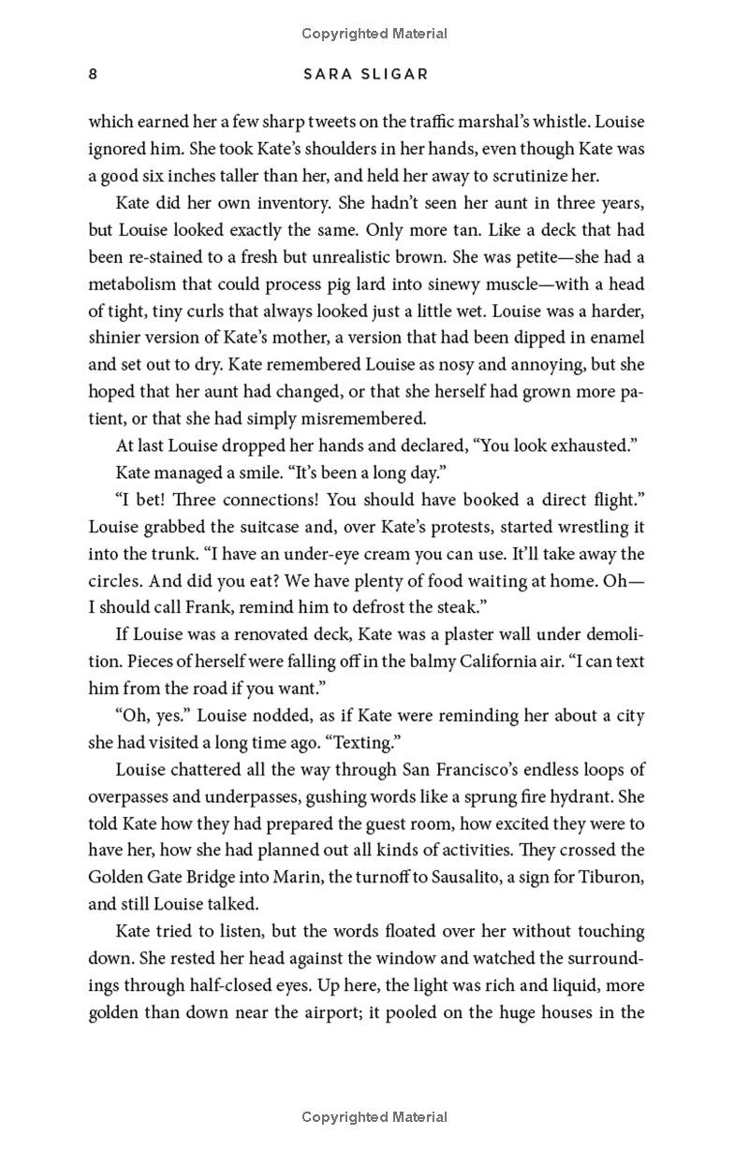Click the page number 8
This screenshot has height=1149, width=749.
tap(93, 74)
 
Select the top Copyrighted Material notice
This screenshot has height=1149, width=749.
tap(374, 34)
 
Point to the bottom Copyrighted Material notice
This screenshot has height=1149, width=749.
tap(374, 1116)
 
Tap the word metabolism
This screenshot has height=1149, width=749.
tap(131, 284)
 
